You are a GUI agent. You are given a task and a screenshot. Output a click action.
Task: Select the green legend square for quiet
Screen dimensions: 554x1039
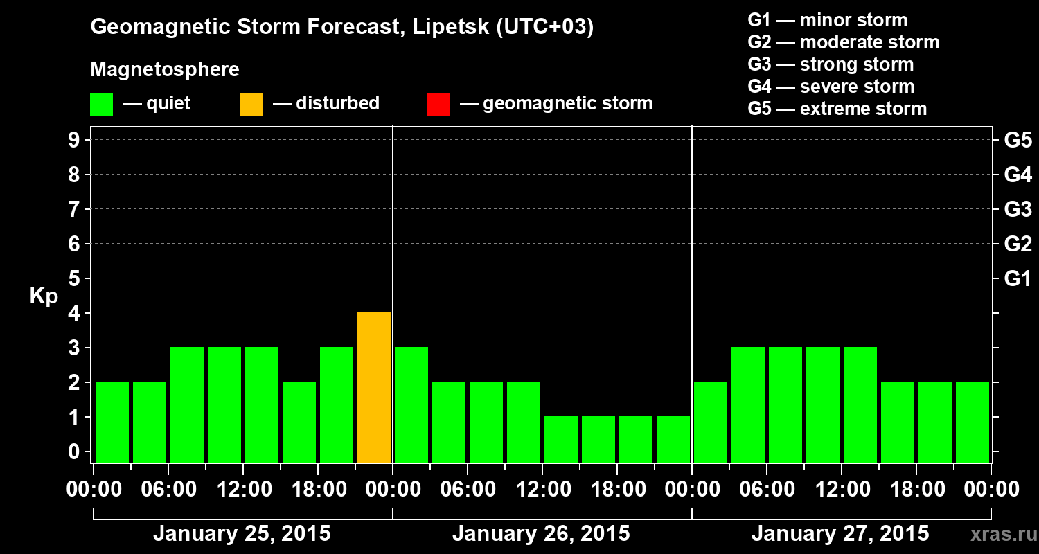[101, 104]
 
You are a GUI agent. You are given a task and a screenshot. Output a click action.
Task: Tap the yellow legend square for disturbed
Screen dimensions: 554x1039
[251, 104]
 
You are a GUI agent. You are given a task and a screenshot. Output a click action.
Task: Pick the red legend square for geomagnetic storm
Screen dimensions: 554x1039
[438, 104]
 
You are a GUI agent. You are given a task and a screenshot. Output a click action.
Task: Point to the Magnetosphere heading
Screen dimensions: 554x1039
[165, 70]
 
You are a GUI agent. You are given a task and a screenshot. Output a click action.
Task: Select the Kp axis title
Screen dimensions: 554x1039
[44, 296]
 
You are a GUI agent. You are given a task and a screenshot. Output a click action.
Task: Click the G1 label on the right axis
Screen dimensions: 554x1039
[1018, 279]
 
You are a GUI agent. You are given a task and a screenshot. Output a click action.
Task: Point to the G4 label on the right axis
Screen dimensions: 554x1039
[1018, 175]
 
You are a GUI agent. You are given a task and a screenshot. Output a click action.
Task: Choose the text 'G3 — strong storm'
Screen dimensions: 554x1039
[831, 64]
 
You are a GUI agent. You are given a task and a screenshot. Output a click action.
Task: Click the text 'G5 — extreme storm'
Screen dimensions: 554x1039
[837, 109]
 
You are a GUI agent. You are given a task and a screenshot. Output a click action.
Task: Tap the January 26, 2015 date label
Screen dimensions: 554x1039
[541, 534]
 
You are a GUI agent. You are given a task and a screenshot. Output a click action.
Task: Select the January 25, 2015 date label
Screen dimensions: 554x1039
[242, 534]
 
